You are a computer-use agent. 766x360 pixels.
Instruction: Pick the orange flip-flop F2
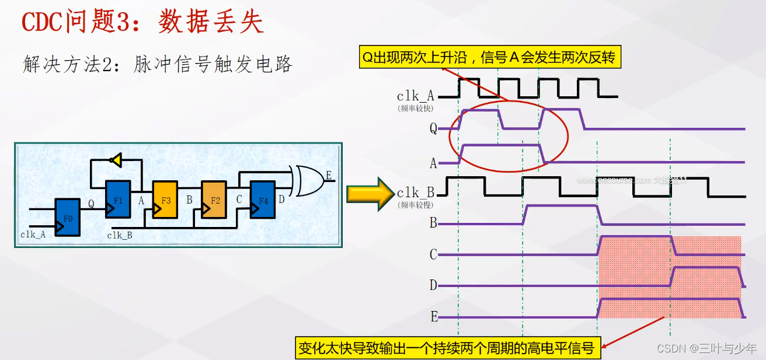pos(215,200)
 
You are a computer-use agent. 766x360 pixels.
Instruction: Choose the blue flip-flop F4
pos(263,200)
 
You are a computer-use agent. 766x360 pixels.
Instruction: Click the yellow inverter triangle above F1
pos(116,160)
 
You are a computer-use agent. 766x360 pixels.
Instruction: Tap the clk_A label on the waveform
pos(415,96)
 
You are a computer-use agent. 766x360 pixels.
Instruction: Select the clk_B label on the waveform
pos(415,193)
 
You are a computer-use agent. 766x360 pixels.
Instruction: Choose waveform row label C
pos(433,255)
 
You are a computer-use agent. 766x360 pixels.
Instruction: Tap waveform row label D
pos(433,285)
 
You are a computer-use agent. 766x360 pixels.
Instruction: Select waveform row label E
pos(434,317)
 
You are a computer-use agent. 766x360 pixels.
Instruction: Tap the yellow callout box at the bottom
pos(447,348)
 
